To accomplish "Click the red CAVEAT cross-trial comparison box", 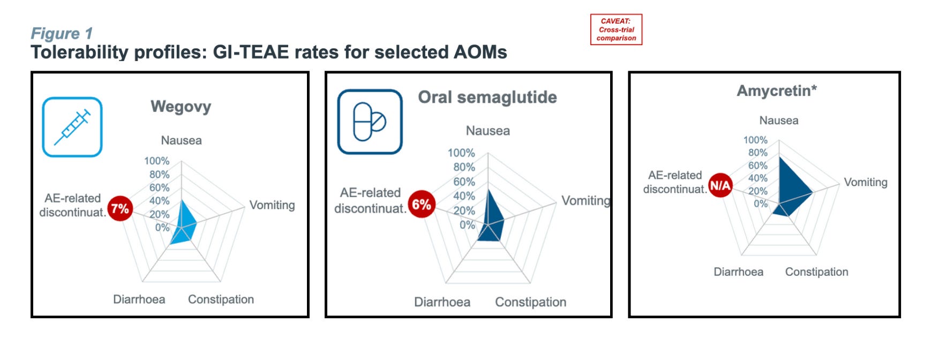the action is coord(616,29).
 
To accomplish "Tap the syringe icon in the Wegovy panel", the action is coord(72,127).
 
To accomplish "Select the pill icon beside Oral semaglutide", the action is coord(370,122).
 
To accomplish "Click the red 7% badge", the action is coord(120,208).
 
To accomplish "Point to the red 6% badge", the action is coord(422,204).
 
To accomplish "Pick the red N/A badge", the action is coord(720,185).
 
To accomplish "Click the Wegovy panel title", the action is coord(181,107).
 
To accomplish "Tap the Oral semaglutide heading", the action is coord(487,97).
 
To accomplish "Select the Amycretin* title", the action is coord(777,91).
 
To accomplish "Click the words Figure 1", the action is coord(62,33).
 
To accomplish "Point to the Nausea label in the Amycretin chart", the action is coord(779,121).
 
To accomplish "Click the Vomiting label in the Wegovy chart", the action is coord(272,205).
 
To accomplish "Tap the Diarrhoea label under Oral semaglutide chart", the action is coord(442,302).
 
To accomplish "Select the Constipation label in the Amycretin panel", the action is coord(816,272).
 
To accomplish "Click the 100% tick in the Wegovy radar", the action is coord(156,161).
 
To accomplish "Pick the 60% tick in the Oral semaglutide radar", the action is coord(464,182).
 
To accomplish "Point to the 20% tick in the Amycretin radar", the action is coord(757,191).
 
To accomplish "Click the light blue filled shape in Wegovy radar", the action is coord(185,225).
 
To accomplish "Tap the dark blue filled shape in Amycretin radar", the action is coord(790,185).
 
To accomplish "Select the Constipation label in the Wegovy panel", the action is coord(221,299).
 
